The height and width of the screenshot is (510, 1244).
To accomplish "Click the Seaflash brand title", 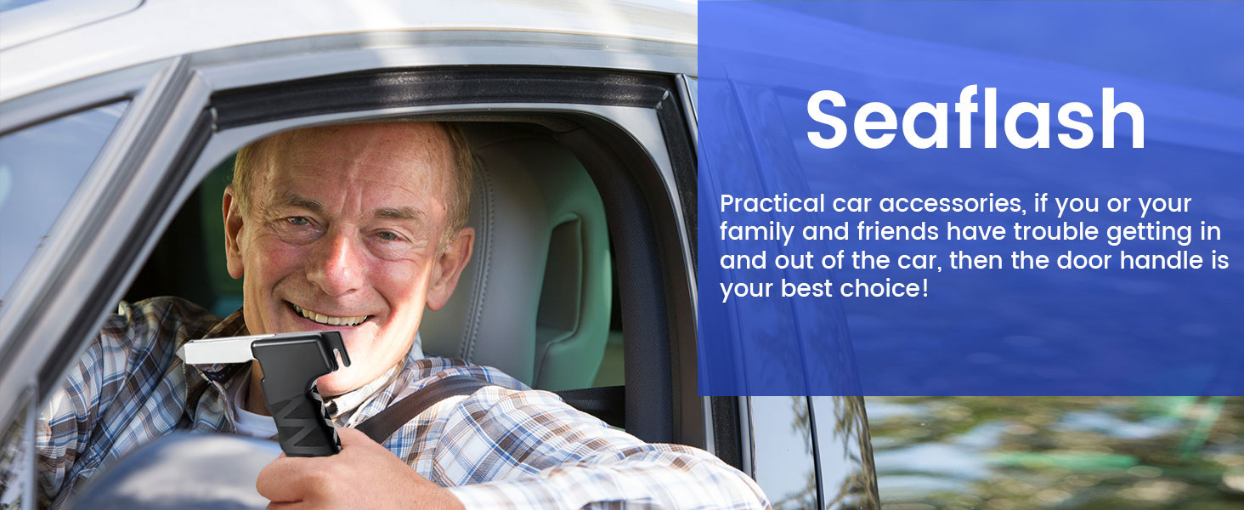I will [x=975, y=121].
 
